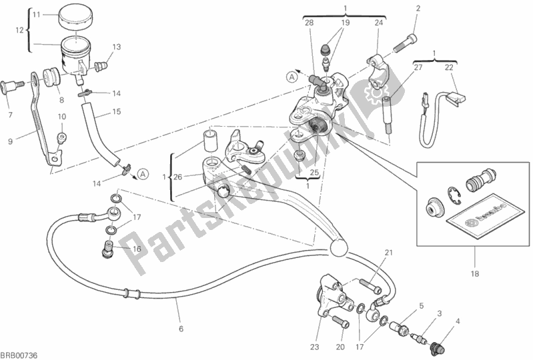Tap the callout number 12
19,29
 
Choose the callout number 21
389,251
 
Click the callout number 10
61,117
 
